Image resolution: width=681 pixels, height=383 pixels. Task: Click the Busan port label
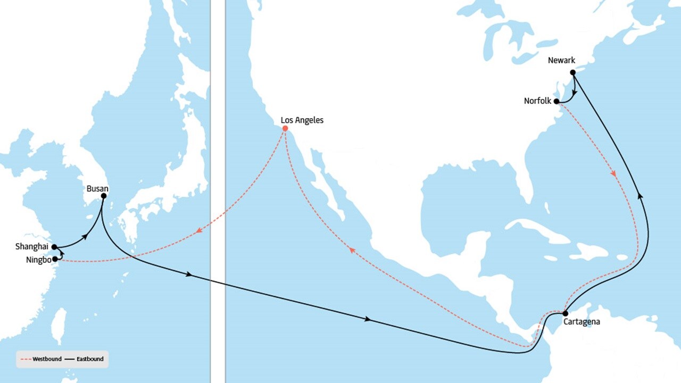[97, 188]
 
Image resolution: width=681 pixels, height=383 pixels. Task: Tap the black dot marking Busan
[103, 196]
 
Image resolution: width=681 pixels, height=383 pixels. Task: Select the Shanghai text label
[32, 247]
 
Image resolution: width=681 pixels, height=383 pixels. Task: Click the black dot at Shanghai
[54, 247]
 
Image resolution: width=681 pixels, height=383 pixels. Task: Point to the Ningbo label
[38, 260]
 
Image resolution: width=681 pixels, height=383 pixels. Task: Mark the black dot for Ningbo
[54, 259]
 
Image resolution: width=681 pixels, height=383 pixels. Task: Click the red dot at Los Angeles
[285, 128]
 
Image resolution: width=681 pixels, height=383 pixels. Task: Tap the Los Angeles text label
[302, 120]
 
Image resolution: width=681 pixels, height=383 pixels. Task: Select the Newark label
[562, 61]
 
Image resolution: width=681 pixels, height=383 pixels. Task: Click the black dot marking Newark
[572, 72]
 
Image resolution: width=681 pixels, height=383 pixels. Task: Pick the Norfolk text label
[537, 101]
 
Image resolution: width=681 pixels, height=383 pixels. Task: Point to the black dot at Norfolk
[557, 101]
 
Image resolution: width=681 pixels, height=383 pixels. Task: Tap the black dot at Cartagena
[565, 313]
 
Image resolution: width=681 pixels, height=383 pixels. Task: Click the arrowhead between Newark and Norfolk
[574, 93]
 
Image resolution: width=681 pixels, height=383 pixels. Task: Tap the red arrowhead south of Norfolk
[614, 174]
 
